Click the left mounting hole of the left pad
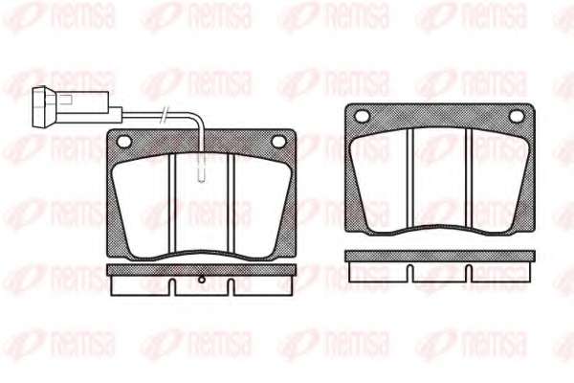pyautogui.click(x=123, y=142)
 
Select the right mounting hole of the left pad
pyautogui.click(x=278, y=142)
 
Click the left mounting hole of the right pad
pyautogui.click(x=363, y=116)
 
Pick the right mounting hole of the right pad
pyautogui.click(x=517, y=116)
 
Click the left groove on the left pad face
pyautogui.click(x=173, y=203)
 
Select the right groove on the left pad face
pyautogui.click(x=231, y=203)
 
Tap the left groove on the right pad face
pyautogui.click(x=410, y=178)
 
